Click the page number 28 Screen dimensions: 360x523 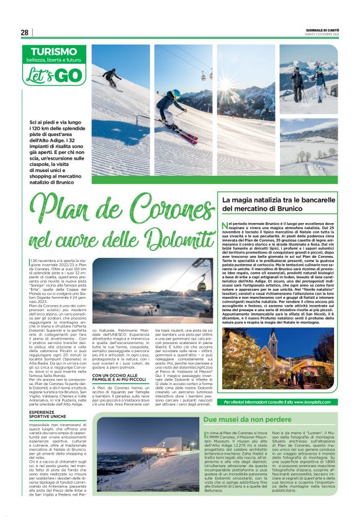pyautogui.click(x=25, y=32)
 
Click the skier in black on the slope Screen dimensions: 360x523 pyautogui.click(x=112, y=78)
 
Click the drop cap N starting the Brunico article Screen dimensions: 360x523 pyautogui.click(x=224, y=224)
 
